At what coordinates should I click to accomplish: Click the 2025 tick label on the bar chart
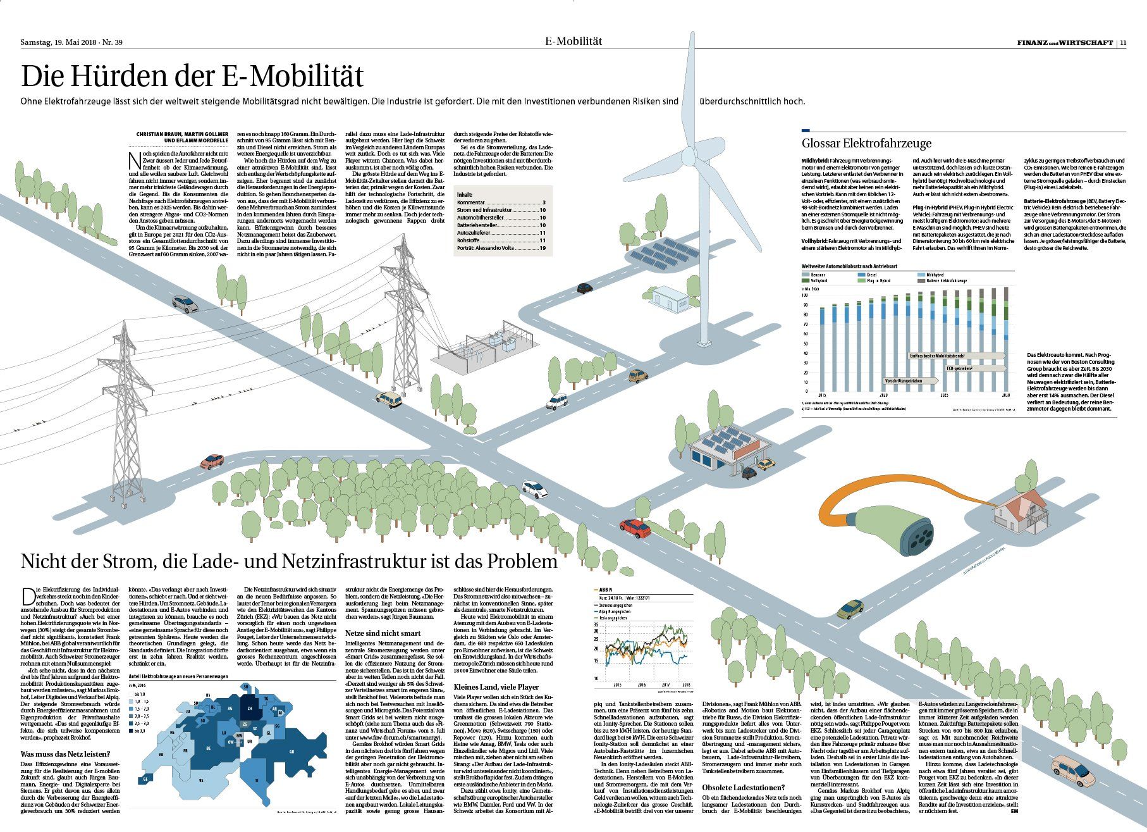[944, 395]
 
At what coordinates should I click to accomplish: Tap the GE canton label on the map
[147, 778]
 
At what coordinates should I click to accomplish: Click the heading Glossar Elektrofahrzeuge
[866, 144]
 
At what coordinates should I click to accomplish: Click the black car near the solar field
[584, 287]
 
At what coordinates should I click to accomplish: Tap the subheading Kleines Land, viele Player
[496, 686]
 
